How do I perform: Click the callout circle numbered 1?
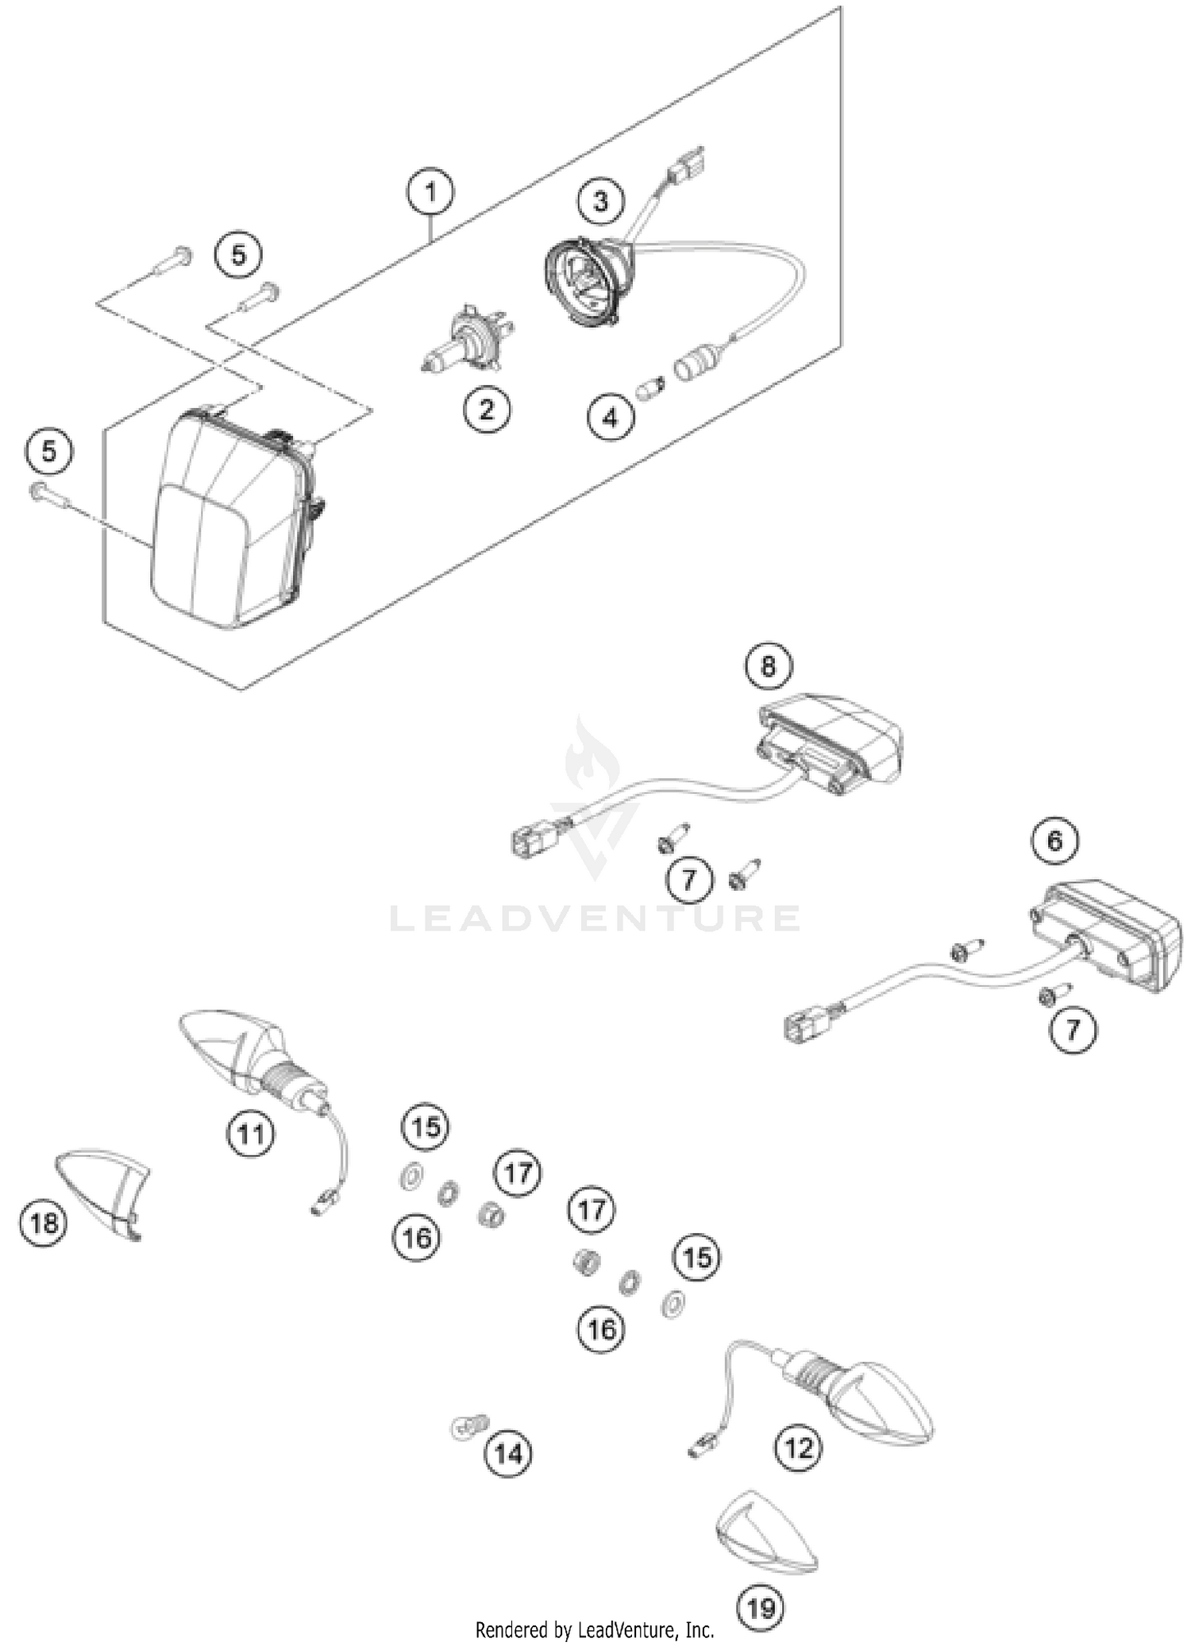[x=430, y=192]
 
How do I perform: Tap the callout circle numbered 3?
[x=601, y=202]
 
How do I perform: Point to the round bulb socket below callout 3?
[x=588, y=282]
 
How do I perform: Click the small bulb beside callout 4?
[x=650, y=389]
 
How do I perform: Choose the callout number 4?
[x=610, y=417]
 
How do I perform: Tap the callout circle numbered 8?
[x=768, y=665]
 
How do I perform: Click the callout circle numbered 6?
[x=1054, y=840]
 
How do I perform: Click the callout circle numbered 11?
[x=251, y=1134]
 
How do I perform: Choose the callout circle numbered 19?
[x=761, y=1608]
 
